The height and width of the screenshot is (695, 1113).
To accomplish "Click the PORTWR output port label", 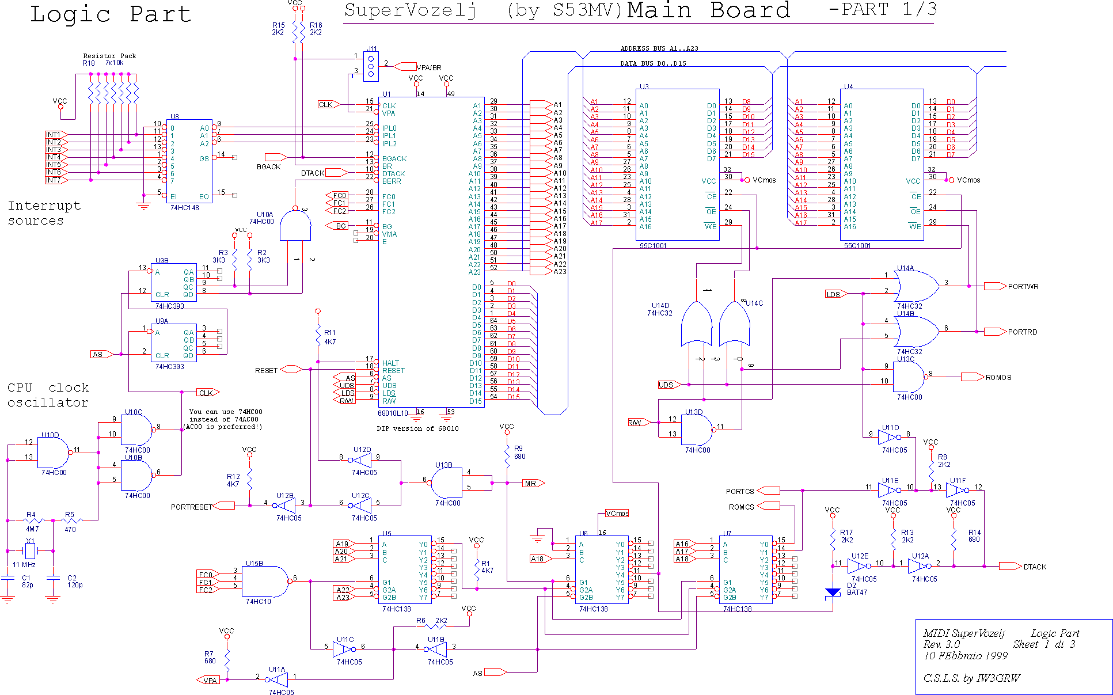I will [x=1023, y=287].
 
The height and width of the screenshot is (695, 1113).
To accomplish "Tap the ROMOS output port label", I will [x=998, y=378].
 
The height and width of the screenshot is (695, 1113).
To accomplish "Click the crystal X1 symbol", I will [x=30, y=551].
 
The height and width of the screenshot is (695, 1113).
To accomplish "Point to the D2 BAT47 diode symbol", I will [x=833, y=592].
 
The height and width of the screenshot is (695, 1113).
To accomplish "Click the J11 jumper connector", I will [x=371, y=67].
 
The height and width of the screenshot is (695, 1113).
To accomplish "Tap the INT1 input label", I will [x=54, y=135].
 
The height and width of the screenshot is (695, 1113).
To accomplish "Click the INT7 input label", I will [x=54, y=180].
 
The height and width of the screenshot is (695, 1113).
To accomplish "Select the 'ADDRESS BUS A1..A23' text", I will [x=659, y=49].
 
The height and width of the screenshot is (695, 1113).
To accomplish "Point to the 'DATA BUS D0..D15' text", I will [x=653, y=64].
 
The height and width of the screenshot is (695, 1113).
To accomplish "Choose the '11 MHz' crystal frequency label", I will [x=24, y=565].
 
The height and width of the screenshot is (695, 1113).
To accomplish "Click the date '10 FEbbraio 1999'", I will [x=965, y=656].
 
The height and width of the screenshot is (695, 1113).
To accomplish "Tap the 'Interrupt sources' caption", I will [x=44, y=213].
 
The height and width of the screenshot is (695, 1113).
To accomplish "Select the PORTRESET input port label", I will [x=191, y=507].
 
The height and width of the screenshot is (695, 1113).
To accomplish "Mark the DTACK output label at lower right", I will [x=1034, y=567].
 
